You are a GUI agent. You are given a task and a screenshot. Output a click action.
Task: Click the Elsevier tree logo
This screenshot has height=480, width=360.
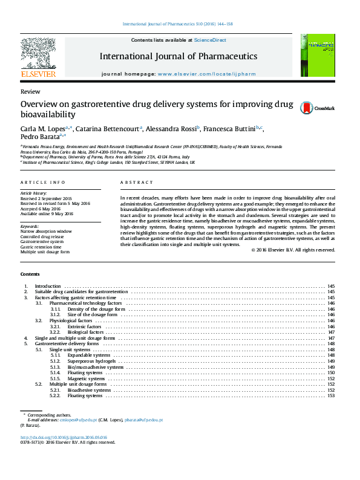(x=38, y=54)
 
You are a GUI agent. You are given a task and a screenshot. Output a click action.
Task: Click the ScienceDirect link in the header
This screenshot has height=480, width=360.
(x=210, y=40)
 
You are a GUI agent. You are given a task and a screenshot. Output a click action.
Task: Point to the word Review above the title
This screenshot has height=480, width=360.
(x=27, y=91)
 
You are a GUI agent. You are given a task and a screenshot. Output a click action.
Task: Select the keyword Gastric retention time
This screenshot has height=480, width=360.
(x=41, y=247)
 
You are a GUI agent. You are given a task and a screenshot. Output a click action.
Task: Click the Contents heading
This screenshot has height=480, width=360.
(x=30, y=275)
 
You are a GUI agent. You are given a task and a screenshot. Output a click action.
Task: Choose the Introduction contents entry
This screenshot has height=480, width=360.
(x=48, y=286)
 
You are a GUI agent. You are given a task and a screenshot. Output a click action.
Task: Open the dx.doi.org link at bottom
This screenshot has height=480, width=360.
(x=64, y=437)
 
